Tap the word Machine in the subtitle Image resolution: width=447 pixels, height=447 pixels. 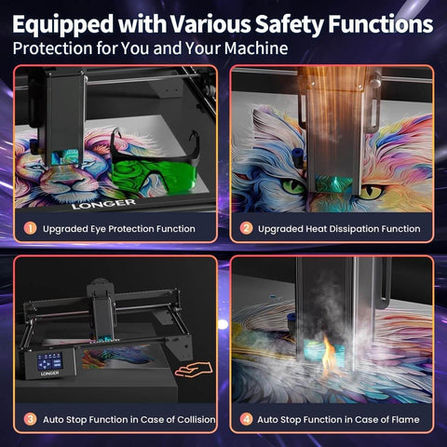coord(256,48)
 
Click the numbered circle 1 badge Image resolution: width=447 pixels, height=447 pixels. coord(31,228)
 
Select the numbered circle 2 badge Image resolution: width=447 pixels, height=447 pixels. coord(246,228)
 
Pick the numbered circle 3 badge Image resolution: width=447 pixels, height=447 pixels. coord(31,419)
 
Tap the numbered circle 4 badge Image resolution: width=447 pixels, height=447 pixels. coord(246,419)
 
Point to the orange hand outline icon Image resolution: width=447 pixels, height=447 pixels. coord(194,370)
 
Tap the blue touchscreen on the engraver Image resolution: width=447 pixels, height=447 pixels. coord(49,361)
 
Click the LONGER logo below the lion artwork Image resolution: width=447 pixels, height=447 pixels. coord(103,204)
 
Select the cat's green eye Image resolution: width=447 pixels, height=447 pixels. coord(293,186)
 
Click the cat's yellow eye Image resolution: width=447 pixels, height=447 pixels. coord(372,192)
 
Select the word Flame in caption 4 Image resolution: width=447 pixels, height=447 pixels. coord(405,420)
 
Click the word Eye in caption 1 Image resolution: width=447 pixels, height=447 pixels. coord(98,230)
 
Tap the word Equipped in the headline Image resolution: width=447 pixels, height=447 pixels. coord(63,25)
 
